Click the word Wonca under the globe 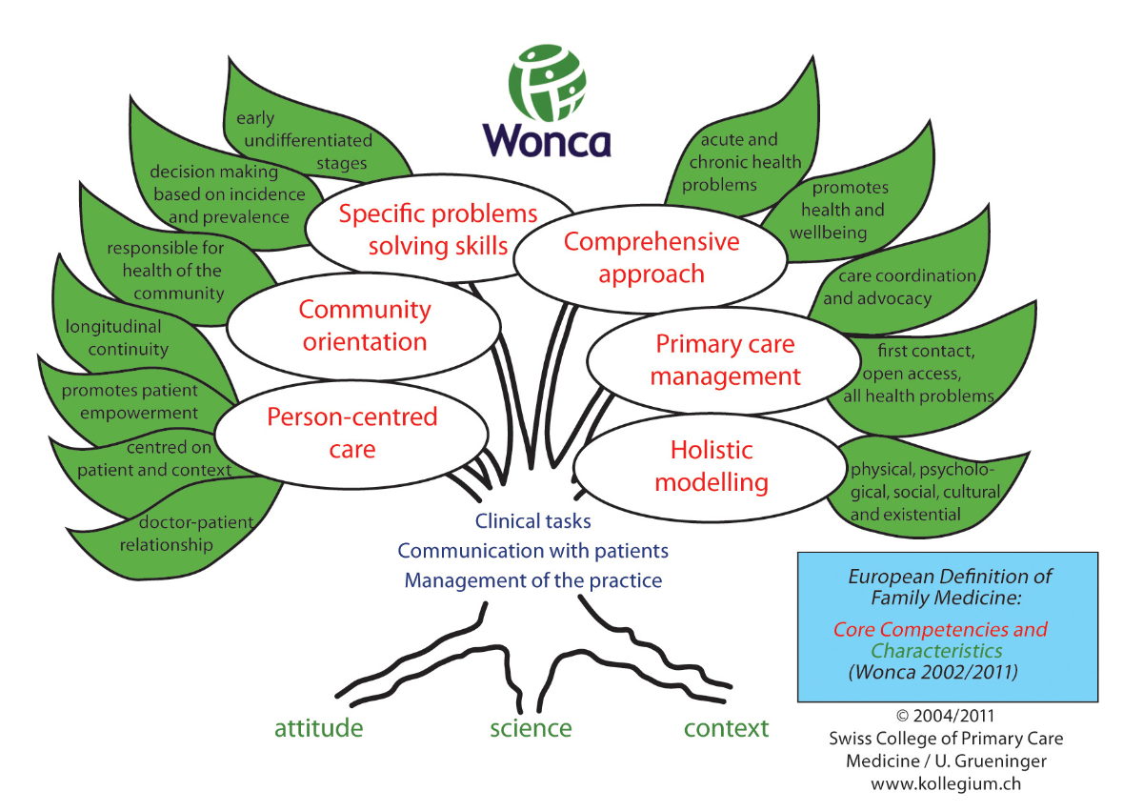coord(547,139)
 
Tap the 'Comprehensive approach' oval coord(652,256)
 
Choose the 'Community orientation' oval coord(365,325)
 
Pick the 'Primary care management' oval coord(725,360)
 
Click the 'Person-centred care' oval coord(351,432)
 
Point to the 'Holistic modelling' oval coord(711,466)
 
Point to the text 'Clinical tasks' coord(532,521)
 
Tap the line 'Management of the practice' coord(532,580)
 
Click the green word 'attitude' coord(318,728)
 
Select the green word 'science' coord(531,728)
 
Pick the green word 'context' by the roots coord(726,728)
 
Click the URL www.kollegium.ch coord(946,783)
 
